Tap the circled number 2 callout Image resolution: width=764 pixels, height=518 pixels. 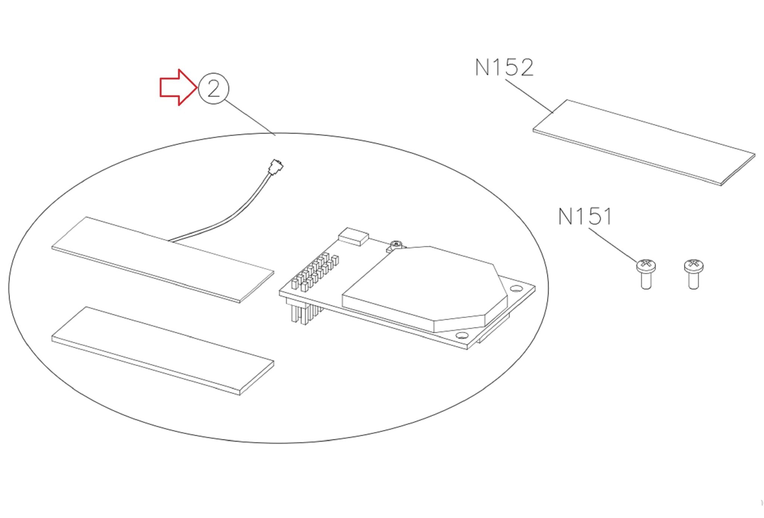pyautogui.click(x=213, y=88)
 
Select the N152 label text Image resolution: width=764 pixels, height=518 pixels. pyautogui.click(x=504, y=68)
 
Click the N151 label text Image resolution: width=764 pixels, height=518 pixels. pyautogui.click(x=585, y=216)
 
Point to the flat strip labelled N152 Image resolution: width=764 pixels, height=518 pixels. pyautogui.click(x=644, y=142)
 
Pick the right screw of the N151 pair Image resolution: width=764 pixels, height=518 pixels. pyautogui.click(x=693, y=274)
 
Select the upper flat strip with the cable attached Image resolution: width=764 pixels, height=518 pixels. pyautogui.click(x=163, y=259)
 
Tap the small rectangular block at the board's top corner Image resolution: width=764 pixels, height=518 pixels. pyautogui.click(x=353, y=237)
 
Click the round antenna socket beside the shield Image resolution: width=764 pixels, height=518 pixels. pyautogui.click(x=396, y=245)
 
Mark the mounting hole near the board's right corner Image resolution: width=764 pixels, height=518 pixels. pyautogui.click(x=517, y=288)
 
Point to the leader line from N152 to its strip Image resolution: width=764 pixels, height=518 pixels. pyautogui.click(x=529, y=96)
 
